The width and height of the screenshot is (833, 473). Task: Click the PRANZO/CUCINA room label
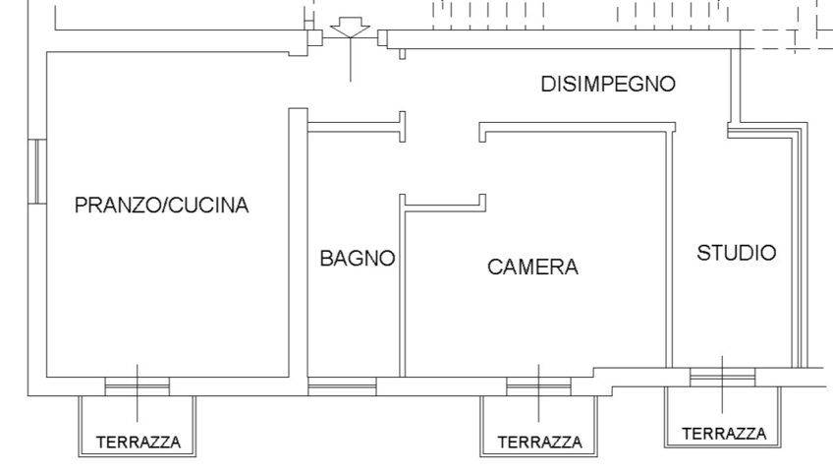[161, 205]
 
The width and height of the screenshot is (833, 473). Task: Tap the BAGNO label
[358, 258]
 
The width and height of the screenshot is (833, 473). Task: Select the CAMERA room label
[532, 266]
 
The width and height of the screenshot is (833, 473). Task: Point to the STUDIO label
[737, 253]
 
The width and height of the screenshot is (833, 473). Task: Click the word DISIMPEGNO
[608, 84]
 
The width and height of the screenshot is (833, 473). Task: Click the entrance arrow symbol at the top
[350, 28]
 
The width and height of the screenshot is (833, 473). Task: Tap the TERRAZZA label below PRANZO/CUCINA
[139, 443]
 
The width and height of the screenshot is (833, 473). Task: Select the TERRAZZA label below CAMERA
[539, 443]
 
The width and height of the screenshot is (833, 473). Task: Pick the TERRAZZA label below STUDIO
[724, 434]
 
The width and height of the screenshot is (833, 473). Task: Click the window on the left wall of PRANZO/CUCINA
[37, 171]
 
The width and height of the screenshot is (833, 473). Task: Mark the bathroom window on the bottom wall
[342, 386]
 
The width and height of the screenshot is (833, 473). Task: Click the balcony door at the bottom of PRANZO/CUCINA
[138, 386]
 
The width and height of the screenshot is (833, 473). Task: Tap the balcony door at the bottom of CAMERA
[538, 386]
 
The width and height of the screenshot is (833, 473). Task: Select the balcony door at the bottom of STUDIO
[723, 377]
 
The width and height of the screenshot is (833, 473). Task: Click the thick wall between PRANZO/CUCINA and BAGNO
[298, 250]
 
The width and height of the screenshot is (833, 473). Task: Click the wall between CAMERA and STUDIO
[669, 249]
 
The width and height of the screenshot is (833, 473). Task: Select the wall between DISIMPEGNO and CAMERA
[577, 127]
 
